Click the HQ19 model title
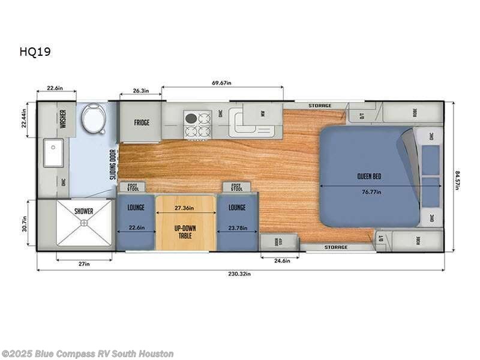pos(34,52)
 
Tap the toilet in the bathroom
pos(94,118)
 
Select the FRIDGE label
pos(142,122)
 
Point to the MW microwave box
pos(262,113)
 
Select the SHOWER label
pos(84,211)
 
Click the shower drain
pos(84,222)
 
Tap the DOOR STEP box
pos(278,242)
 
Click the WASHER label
pos(63,115)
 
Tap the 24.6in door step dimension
pos(280,261)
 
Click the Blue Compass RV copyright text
pos(88,354)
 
